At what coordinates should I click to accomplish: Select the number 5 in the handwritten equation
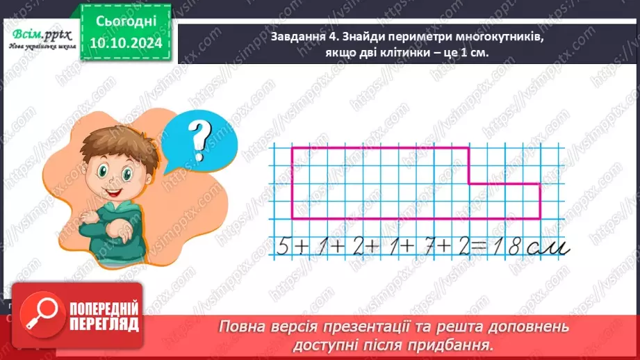tap(281, 247)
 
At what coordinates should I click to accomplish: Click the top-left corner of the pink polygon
tap(292, 147)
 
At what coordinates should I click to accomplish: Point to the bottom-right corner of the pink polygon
tap(540, 218)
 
